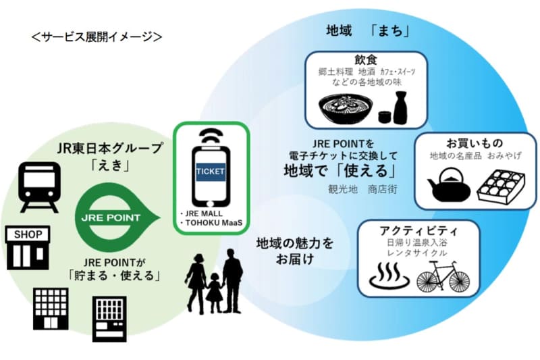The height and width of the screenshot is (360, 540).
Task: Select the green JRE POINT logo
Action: click(x=111, y=217)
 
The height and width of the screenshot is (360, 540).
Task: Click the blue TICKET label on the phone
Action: click(x=211, y=171)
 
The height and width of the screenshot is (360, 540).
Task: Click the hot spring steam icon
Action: click(x=387, y=277)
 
